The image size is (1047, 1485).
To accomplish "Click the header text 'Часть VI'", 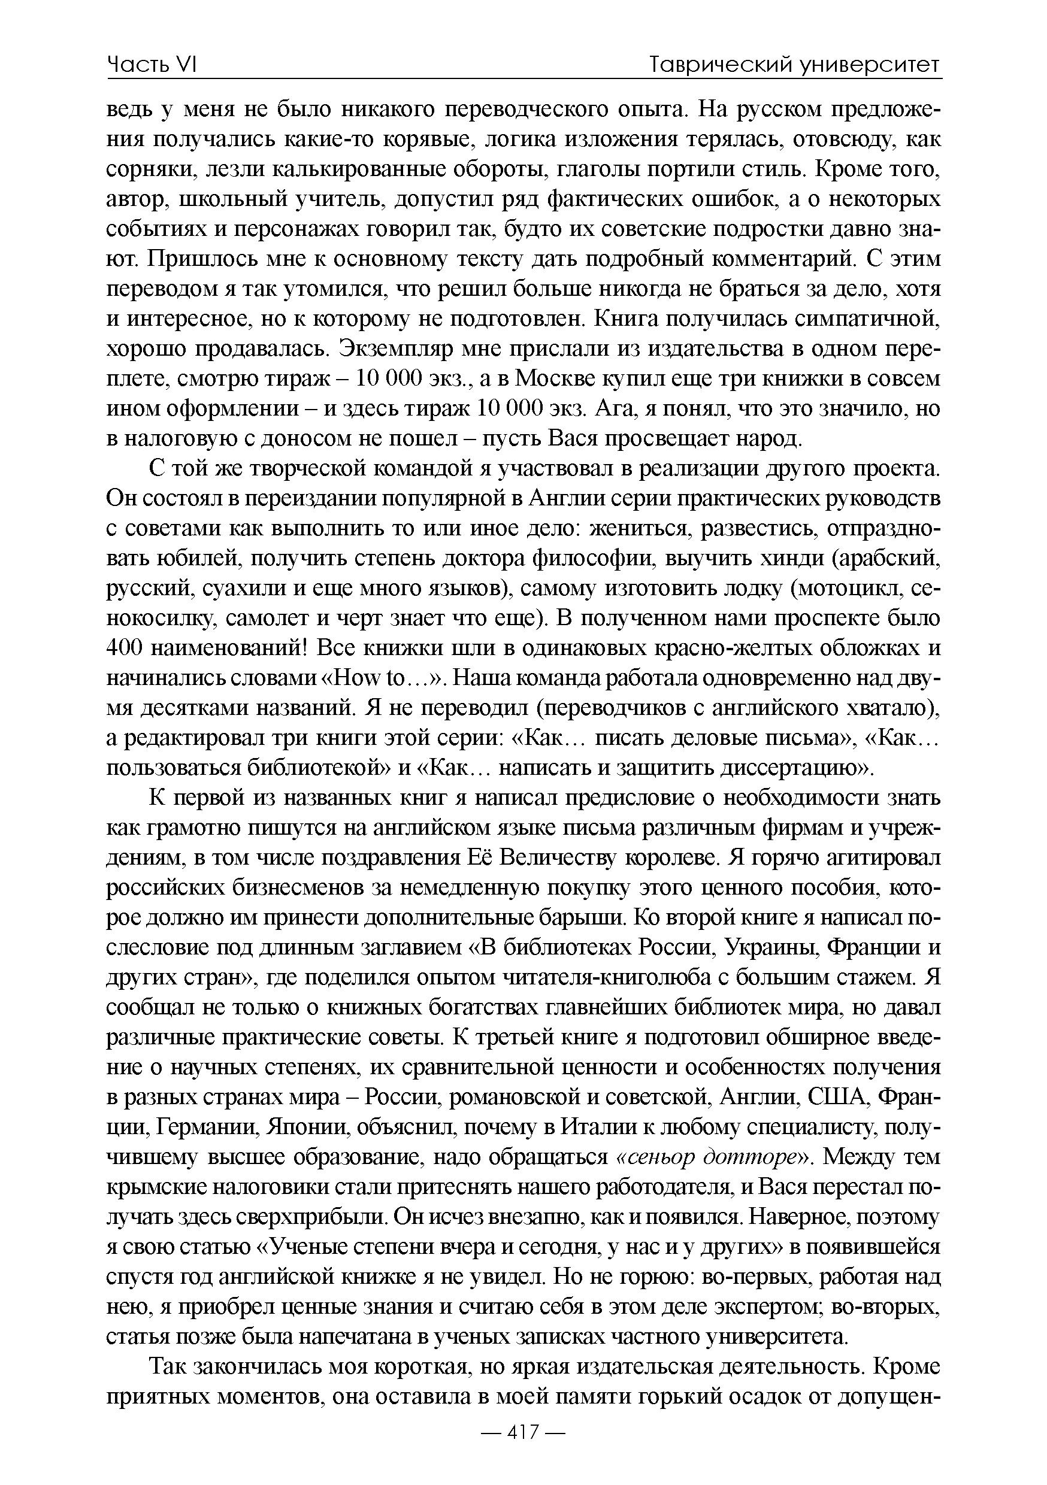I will click(x=152, y=65).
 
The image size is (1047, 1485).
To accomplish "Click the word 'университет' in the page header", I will click(x=869, y=65).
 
